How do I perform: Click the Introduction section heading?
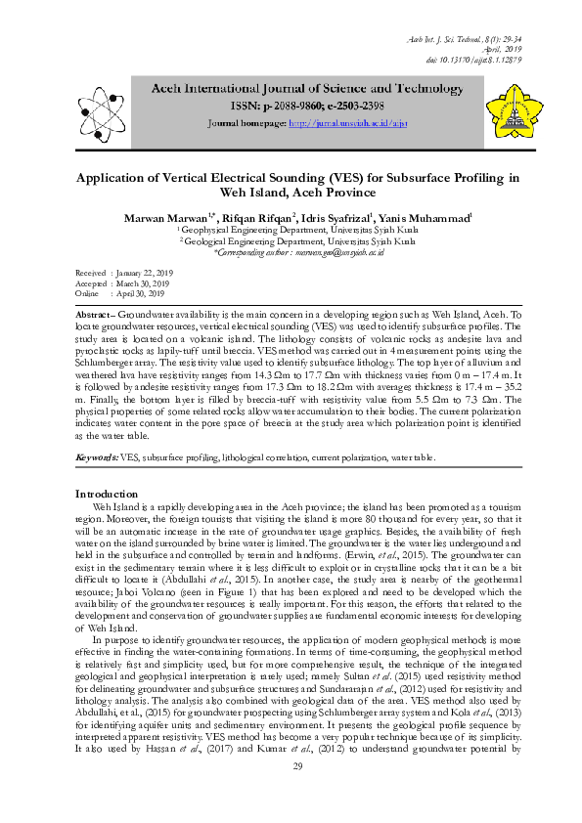coord(107,494)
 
